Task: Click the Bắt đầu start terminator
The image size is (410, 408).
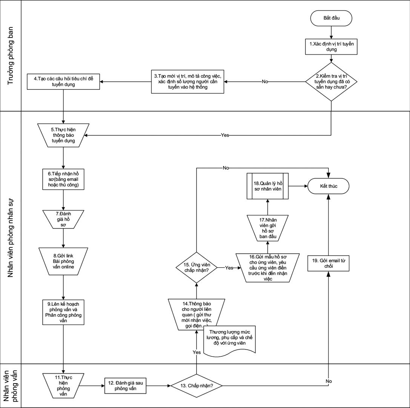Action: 331,18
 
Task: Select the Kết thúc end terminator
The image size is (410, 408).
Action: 328,186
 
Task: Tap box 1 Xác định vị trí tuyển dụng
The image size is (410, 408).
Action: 331,46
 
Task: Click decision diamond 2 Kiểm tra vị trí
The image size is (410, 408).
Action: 331,82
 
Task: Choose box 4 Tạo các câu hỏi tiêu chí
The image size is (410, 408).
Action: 63,82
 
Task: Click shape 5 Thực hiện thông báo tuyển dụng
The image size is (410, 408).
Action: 63,135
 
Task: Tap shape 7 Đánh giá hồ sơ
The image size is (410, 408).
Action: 63,219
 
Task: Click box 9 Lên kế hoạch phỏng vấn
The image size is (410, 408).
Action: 63,312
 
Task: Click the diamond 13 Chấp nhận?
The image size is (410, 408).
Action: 196,386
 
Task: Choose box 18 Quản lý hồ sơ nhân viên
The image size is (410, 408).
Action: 267,186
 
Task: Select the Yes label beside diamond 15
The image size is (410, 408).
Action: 229,268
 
